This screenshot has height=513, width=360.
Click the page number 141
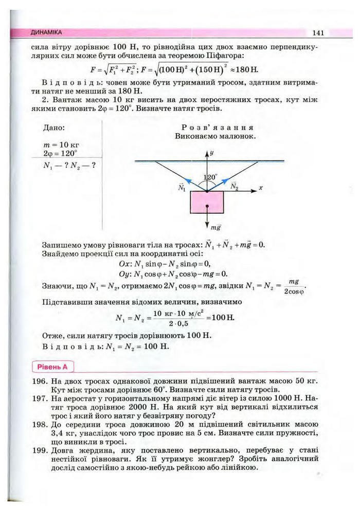[317, 33]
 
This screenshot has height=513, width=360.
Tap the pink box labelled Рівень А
[53, 367]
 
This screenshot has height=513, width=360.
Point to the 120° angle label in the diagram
[210, 178]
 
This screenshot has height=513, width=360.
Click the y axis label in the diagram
[212, 153]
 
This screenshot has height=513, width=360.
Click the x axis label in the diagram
[260, 189]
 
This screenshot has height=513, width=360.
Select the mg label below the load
[215, 226]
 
